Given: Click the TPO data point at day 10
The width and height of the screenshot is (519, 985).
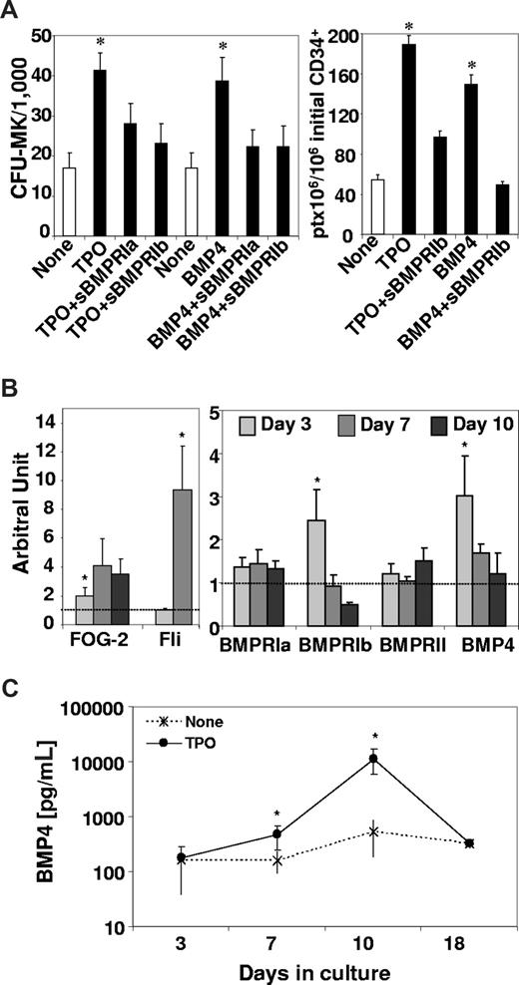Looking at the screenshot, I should click(x=347, y=759).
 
